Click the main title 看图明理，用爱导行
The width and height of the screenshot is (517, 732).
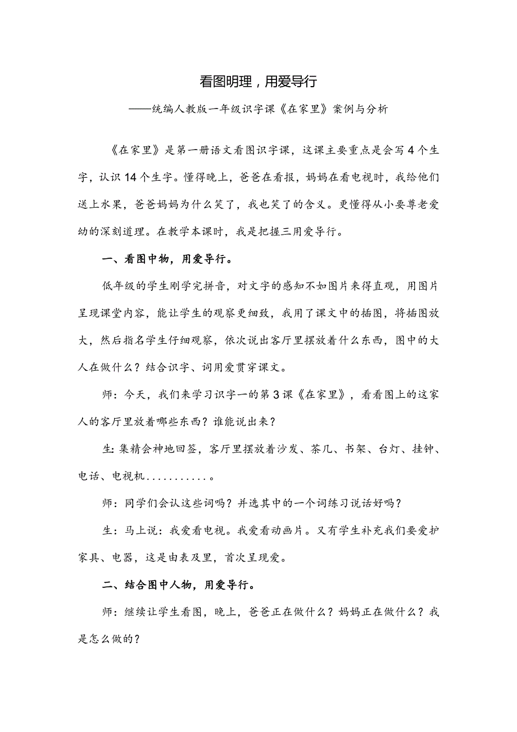click(x=258, y=82)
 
